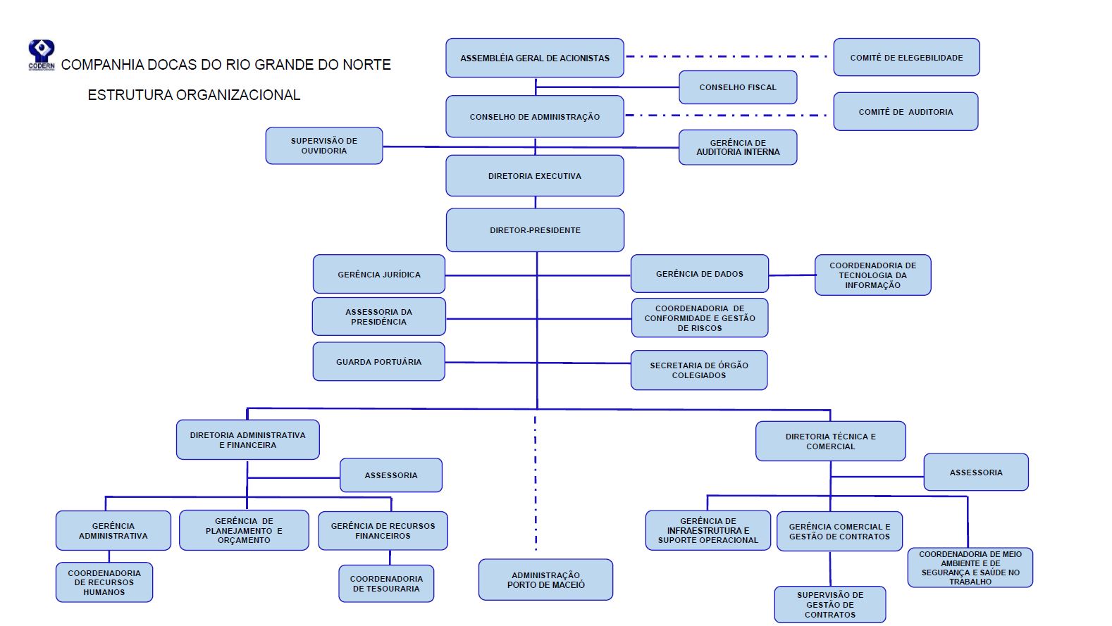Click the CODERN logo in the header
[41, 55]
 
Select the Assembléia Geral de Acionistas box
[535, 58]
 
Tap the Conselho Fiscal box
[738, 87]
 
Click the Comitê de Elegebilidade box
[906, 58]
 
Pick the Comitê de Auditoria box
[906, 111]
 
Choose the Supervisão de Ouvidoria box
[324, 146]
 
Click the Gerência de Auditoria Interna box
[738, 147]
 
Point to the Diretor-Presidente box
[535, 230]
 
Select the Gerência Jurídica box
[379, 275]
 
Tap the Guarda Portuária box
[379, 362]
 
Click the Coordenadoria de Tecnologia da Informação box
[872, 275]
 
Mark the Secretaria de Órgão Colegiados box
[699, 370]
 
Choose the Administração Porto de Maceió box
[545, 580]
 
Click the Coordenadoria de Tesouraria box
[386, 583]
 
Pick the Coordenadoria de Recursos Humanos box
[104, 582]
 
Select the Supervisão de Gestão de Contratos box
[830, 605]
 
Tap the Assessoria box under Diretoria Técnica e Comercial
[976, 472]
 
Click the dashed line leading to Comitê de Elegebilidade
[727, 56]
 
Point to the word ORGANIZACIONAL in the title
[237, 95]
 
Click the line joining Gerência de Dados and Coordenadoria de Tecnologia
[792, 275]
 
